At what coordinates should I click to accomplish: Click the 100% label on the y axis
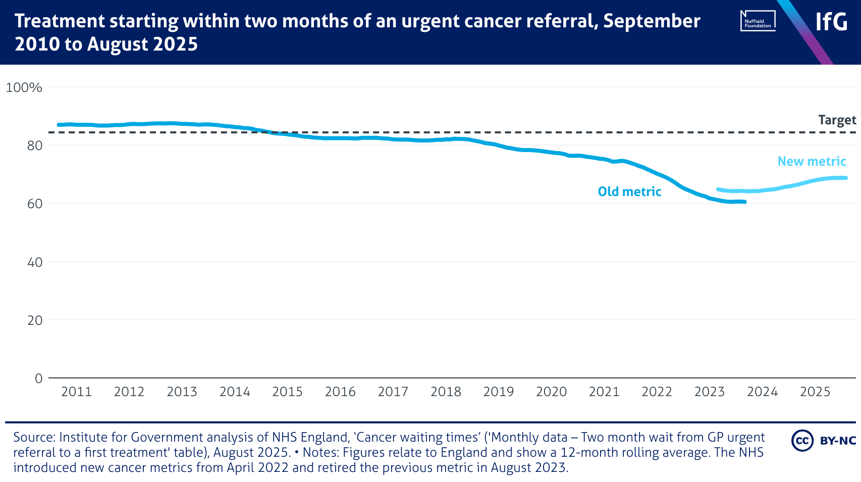point(24,87)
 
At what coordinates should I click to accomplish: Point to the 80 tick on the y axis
point(35,146)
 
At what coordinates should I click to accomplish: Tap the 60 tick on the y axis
point(35,204)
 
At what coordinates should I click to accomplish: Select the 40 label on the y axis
point(35,262)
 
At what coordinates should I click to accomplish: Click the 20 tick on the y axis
point(35,320)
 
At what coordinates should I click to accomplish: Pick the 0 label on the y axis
point(39,378)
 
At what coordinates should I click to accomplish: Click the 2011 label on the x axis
point(76,392)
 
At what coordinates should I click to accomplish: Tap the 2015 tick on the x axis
point(287,392)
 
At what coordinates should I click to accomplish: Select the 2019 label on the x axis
point(498,392)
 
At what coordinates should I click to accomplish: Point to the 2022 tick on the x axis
point(657,392)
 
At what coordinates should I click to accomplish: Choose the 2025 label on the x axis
point(815,392)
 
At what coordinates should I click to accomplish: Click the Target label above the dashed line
point(837,120)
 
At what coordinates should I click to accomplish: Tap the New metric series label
point(812,161)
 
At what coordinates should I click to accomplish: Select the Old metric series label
point(629,191)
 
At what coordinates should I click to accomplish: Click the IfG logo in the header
point(831,22)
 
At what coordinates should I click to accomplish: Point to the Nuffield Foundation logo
point(758,21)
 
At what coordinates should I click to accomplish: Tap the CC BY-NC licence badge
point(823,441)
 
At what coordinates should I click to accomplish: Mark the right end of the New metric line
point(846,178)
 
